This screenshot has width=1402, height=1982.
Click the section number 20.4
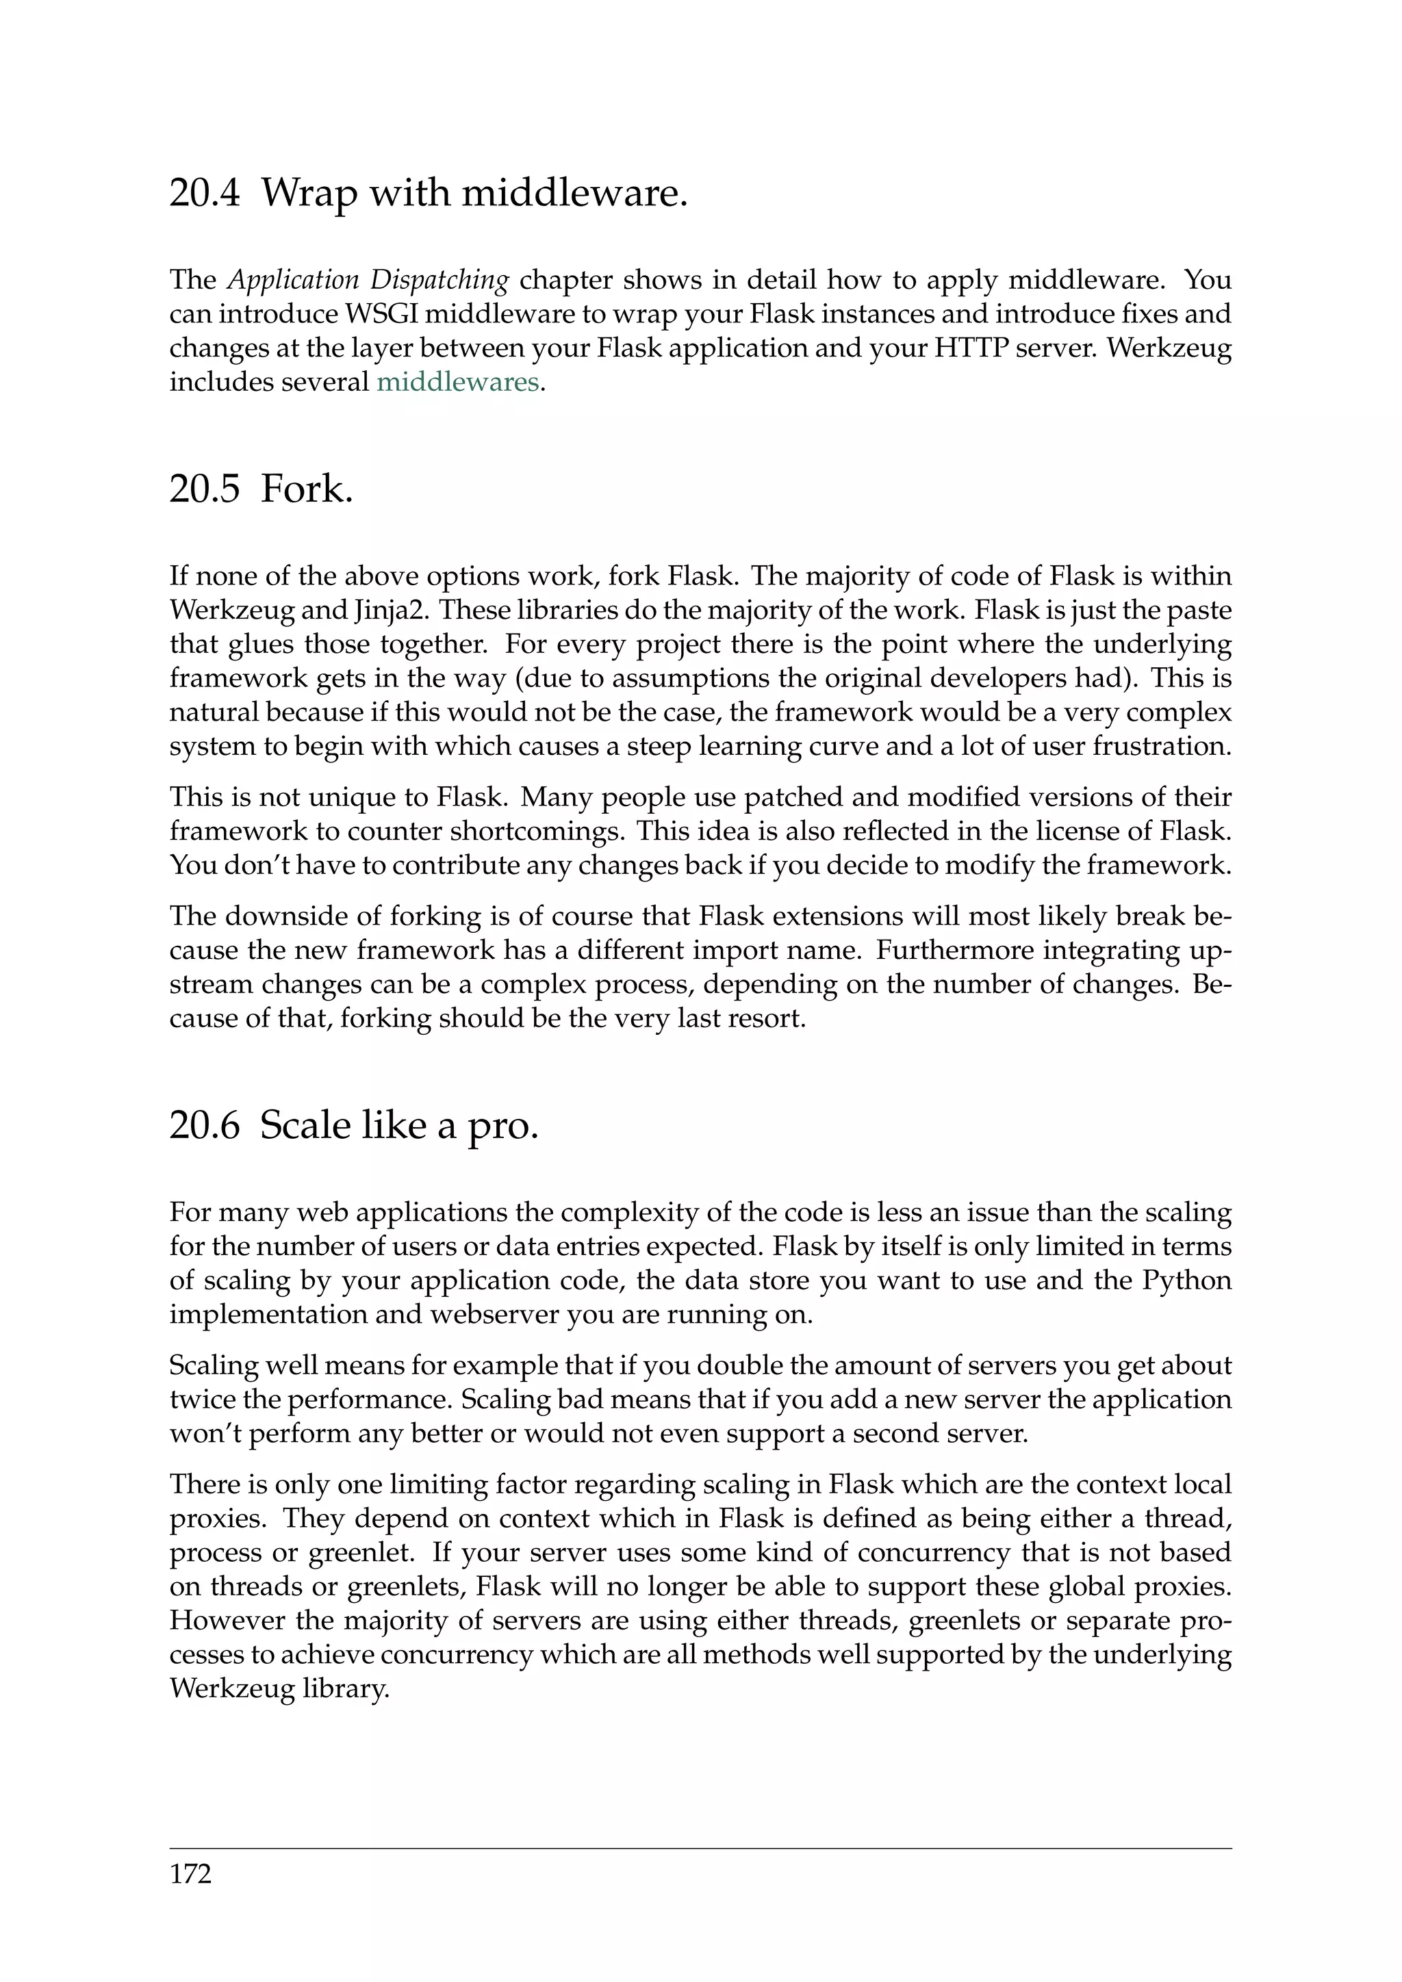pyautogui.click(x=204, y=192)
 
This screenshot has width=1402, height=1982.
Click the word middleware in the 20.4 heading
pyautogui.click(x=574, y=192)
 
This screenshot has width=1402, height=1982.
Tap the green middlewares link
pyautogui.click(x=457, y=382)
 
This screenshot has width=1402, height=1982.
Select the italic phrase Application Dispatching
pyautogui.click(x=368, y=281)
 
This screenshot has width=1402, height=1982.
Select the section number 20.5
pyautogui.click(x=204, y=489)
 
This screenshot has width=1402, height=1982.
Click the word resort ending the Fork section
pyautogui.click(x=767, y=1018)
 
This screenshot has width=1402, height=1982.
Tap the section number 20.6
pyautogui.click(x=204, y=1127)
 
